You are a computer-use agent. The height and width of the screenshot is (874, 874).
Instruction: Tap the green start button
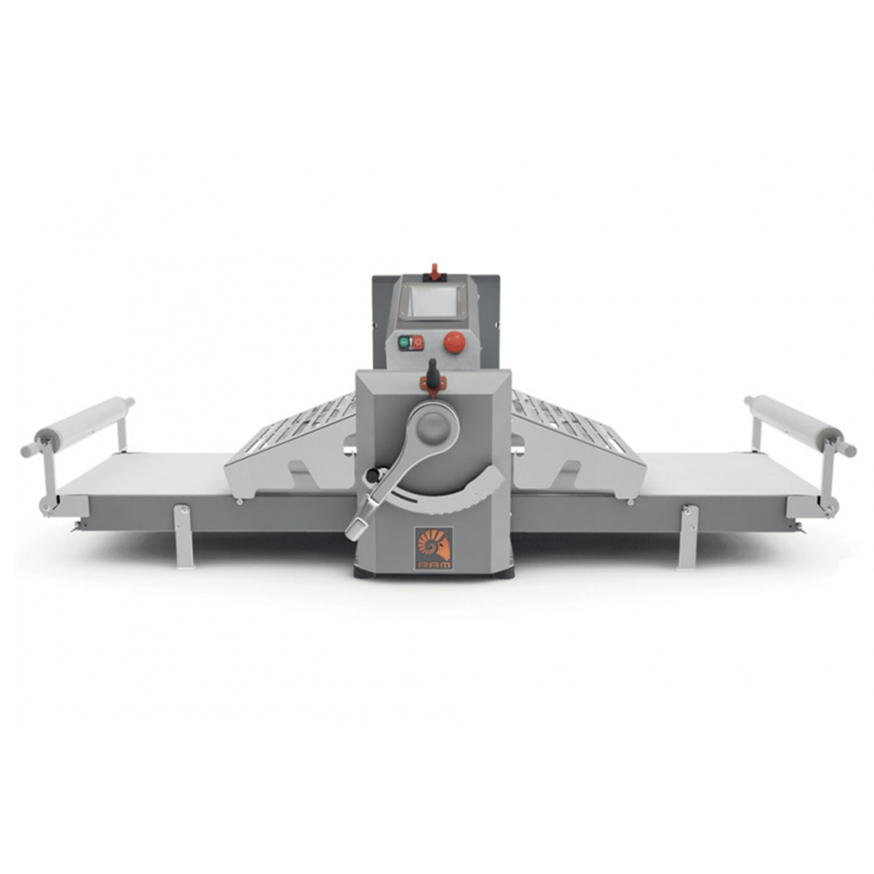coord(403,342)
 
